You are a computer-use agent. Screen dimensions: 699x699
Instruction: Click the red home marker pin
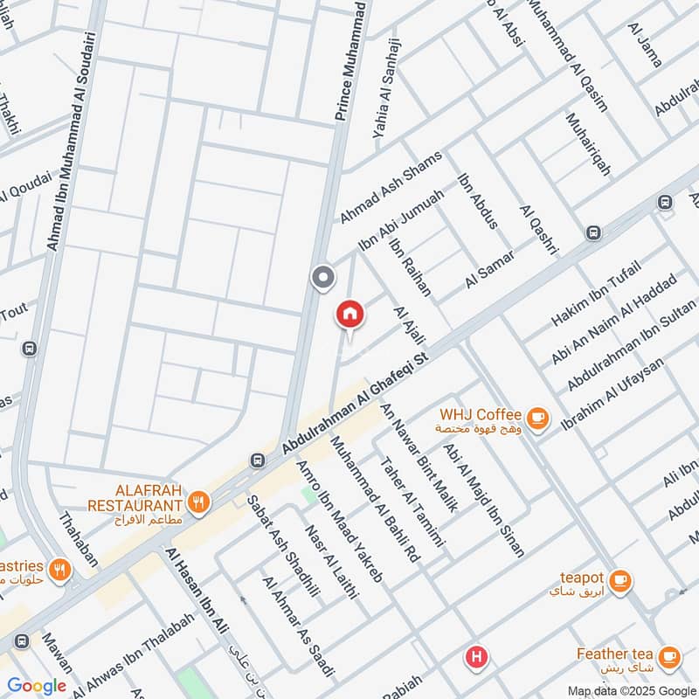pos(349,313)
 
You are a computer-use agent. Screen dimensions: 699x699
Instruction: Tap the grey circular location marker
pos(323,278)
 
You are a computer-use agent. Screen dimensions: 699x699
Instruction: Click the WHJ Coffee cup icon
pos(538,419)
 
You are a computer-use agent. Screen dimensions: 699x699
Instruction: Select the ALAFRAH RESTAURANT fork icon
pos(199,502)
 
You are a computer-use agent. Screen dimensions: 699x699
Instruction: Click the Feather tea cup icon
pos(669,656)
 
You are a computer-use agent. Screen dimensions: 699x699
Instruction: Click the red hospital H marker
pos(476,656)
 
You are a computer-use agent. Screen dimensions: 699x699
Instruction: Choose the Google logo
pos(37,686)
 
